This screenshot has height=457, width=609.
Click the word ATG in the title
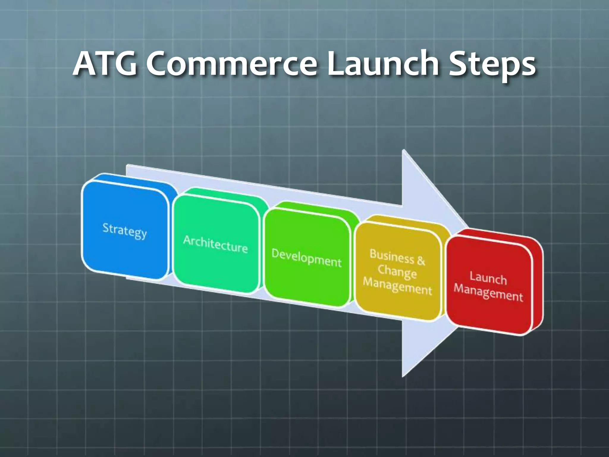coord(105,63)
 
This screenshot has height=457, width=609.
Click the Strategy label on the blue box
coord(125,231)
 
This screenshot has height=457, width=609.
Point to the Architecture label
coord(215,244)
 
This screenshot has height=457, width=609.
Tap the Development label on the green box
coord(306,258)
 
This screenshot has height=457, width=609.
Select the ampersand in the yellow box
coord(421,261)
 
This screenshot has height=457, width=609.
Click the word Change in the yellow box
coord(397,272)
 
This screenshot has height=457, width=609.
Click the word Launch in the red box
coord(488,278)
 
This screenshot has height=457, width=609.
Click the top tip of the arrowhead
coord(403,151)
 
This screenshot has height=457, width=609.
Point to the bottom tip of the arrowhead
coord(403,377)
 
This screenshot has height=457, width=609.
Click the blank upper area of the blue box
coord(125,202)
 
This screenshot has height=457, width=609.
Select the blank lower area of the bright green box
coord(306,286)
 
